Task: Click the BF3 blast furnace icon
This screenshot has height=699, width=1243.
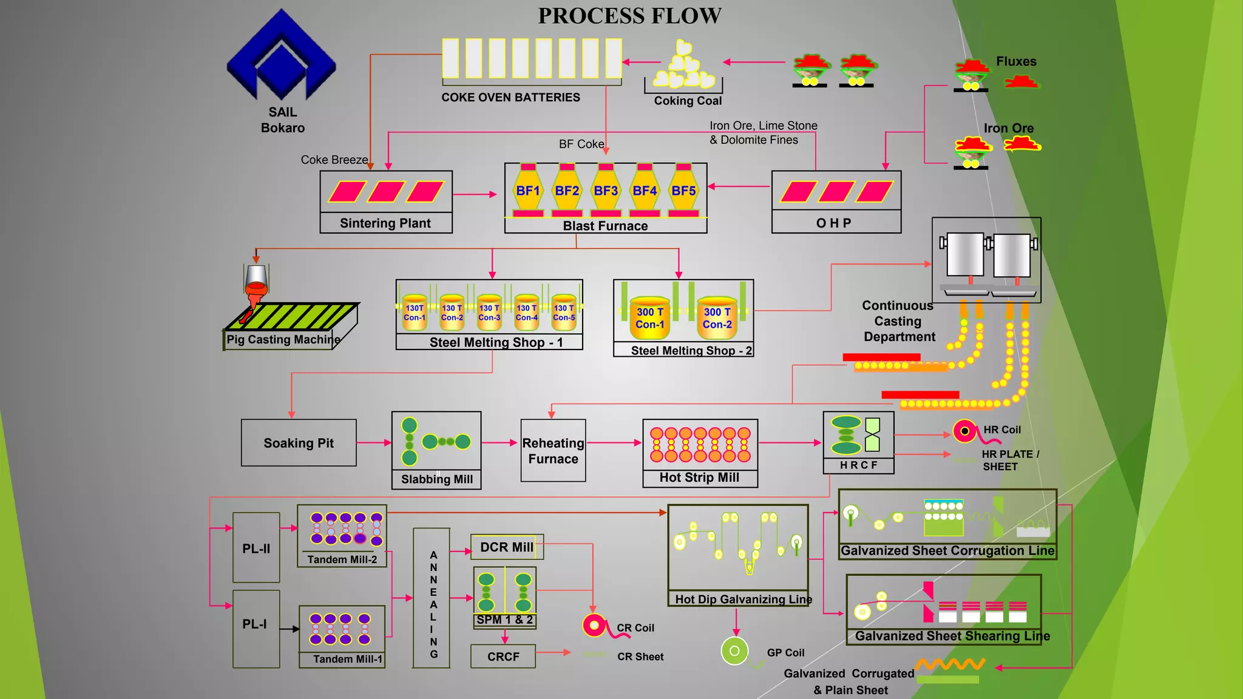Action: [x=606, y=191]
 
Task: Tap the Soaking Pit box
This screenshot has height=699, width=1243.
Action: [x=299, y=443]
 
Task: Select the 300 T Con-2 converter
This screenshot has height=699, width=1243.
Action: [x=717, y=317]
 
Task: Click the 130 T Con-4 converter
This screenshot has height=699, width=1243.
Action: [x=526, y=312]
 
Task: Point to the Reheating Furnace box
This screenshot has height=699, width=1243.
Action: [x=553, y=451]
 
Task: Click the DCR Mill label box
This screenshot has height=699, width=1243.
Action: [x=507, y=547]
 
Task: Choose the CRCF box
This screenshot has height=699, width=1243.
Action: [x=503, y=657]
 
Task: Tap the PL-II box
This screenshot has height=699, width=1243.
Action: [x=256, y=548]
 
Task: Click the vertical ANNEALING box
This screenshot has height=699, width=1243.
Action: [x=432, y=598]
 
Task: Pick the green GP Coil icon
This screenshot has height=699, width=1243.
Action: [x=734, y=651]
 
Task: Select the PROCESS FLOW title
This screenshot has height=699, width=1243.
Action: [x=629, y=16]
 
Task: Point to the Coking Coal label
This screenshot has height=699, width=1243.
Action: [x=688, y=101]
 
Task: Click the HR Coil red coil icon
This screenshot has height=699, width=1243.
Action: [x=965, y=431]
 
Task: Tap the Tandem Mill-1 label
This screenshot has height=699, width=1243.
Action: [x=348, y=659]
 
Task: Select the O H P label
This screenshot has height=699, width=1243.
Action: [x=833, y=223]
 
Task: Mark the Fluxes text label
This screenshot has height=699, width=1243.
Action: [x=1016, y=61]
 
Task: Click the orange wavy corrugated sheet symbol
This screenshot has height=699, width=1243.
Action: [x=950, y=664]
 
